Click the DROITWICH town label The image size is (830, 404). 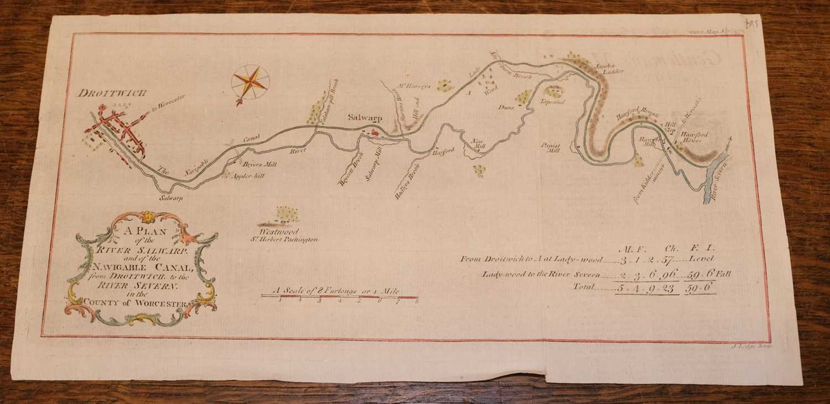tap(112, 93)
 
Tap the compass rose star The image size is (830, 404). tap(250, 82)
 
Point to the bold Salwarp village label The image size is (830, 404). tap(365, 117)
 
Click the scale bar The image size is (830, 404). tap(340, 297)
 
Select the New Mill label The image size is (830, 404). tap(478, 143)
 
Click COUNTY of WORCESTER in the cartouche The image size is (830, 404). tap(138, 302)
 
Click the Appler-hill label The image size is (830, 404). tap(249, 174)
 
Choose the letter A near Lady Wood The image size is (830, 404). tap(468, 93)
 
